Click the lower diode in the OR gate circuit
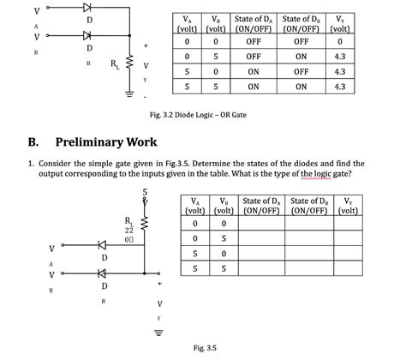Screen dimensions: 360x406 (x=85, y=36)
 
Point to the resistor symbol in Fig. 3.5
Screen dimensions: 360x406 (x=144, y=225)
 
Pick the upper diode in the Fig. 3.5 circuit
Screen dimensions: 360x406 (x=102, y=245)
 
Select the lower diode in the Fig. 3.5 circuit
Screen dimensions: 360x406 (x=102, y=273)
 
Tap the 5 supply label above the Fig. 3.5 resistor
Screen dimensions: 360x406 (x=145, y=192)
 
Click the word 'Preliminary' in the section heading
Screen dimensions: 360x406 (x=89, y=142)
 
